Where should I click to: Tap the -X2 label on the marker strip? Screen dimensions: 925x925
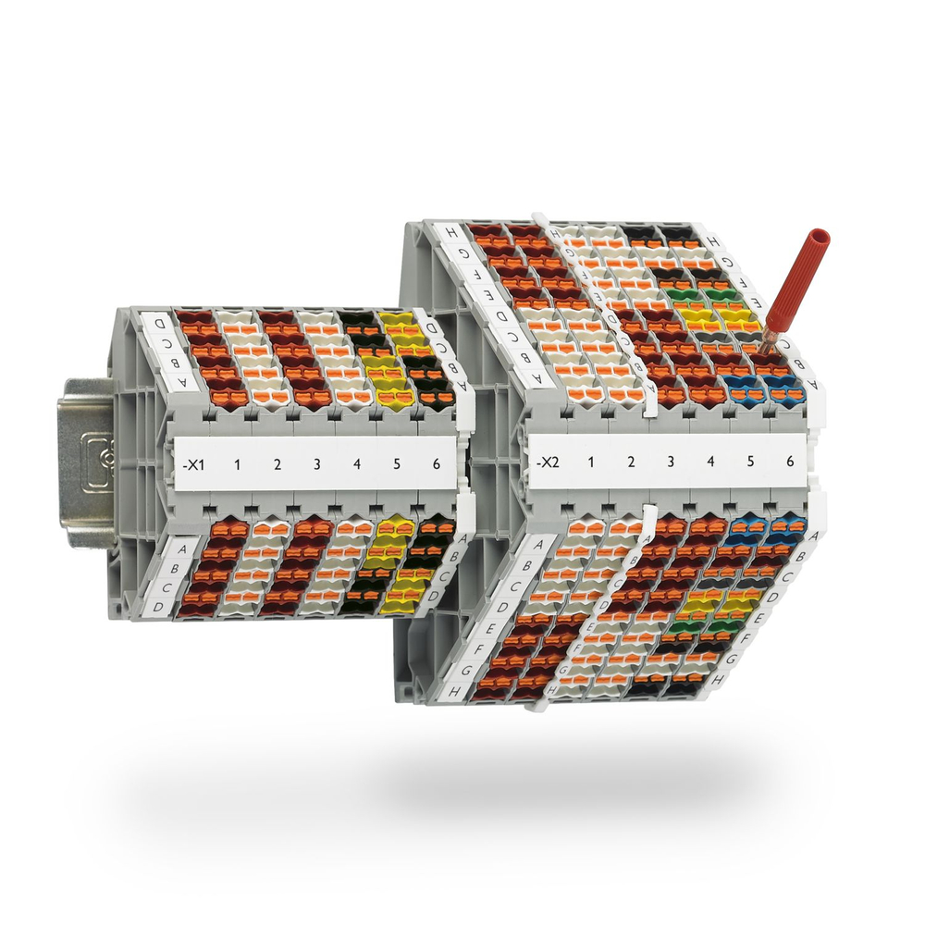click(547, 461)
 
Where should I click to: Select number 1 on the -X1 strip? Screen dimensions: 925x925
click(237, 462)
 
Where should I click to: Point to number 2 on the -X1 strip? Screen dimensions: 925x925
click(277, 462)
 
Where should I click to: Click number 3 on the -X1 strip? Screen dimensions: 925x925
click(316, 462)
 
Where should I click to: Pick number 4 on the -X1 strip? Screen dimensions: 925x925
click(357, 462)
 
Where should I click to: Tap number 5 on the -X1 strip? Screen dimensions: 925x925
click(396, 462)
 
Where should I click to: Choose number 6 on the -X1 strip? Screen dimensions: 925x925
click(436, 462)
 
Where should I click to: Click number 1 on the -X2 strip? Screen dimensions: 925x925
click(591, 461)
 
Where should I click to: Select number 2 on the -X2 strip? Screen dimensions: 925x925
click(631, 461)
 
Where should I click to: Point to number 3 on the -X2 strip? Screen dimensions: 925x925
click(671, 461)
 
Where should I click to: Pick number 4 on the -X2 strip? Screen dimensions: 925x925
click(710, 461)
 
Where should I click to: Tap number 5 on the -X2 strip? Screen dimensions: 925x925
click(749, 461)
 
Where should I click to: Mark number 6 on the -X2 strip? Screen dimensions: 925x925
click(789, 461)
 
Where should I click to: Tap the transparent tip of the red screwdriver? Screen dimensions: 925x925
click(770, 339)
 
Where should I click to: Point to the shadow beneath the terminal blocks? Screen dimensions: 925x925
click(462, 786)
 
